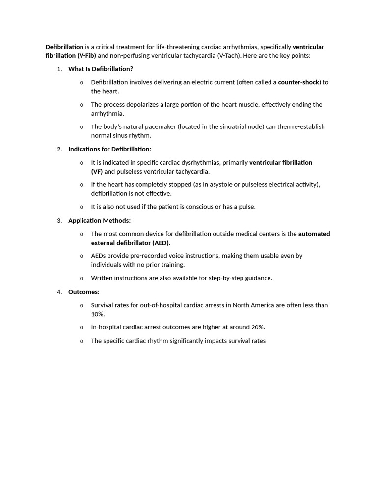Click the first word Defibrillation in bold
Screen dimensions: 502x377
pos(64,47)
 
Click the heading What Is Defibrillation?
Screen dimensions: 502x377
pos(101,69)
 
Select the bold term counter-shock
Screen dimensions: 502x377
pos(298,82)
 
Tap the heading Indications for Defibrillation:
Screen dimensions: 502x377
pos(109,149)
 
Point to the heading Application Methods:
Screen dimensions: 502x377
pos(99,221)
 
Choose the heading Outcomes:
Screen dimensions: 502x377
pos(84,292)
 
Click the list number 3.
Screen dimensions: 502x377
pos(59,221)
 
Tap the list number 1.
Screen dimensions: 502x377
pos(59,69)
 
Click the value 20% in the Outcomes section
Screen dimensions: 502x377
pos(258,327)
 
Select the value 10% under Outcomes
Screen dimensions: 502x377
pos(97,314)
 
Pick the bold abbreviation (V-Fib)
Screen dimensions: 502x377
pos(87,56)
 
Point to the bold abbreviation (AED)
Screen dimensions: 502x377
pos(161,243)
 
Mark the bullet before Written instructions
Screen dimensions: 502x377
pos(81,278)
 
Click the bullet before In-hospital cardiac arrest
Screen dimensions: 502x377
pos(81,327)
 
